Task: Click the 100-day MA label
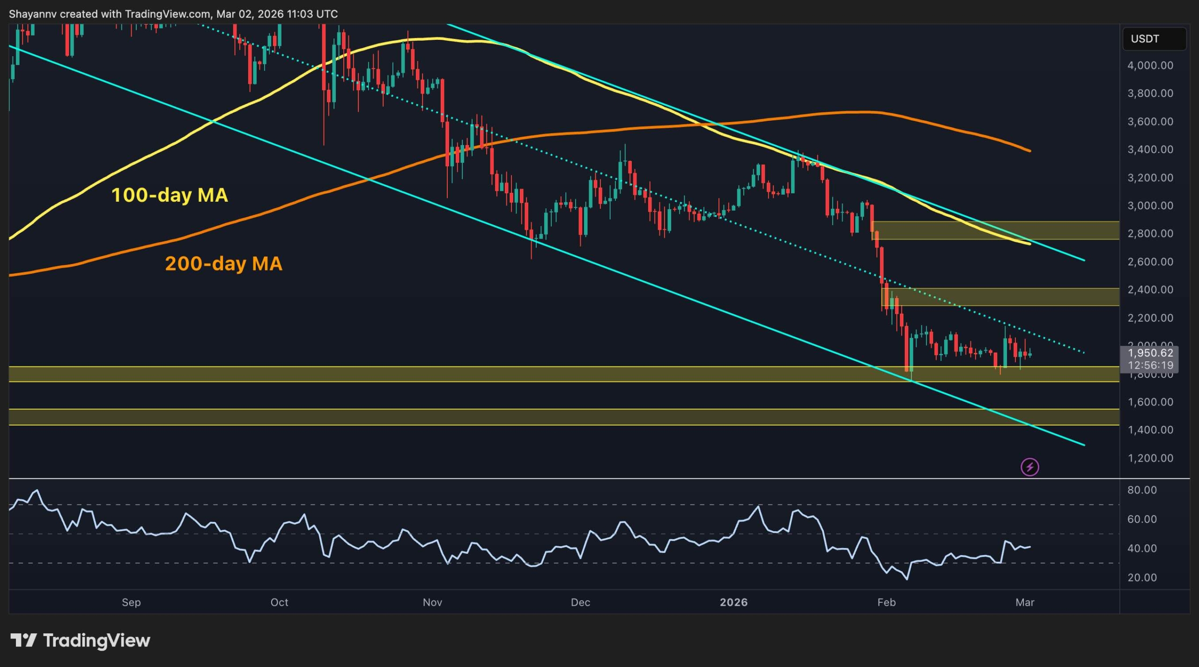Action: click(x=170, y=195)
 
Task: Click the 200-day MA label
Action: click(x=223, y=264)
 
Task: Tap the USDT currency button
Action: click(x=1154, y=39)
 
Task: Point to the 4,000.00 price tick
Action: click(x=1150, y=66)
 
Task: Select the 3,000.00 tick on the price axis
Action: click(x=1150, y=206)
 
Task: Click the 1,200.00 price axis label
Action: click(x=1150, y=458)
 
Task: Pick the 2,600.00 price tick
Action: click(x=1150, y=262)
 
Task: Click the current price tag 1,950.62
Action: click(x=1150, y=353)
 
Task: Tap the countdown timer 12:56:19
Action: click(x=1150, y=365)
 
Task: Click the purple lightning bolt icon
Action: click(x=1029, y=467)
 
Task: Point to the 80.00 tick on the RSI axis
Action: click(x=1142, y=490)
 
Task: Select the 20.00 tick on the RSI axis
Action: click(x=1142, y=578)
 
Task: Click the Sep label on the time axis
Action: click(x=131, y=602)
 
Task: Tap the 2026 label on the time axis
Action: click(x=733, y=602)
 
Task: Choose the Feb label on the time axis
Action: click(x=886, y=602)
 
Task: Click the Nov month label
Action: click(x=432, y=602)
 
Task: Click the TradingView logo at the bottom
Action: click(x=80, y=640)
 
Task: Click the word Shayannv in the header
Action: click(x=32, y=14)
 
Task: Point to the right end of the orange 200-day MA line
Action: click(x=1029, y=151)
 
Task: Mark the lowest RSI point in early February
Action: click(x=907, y=579)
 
